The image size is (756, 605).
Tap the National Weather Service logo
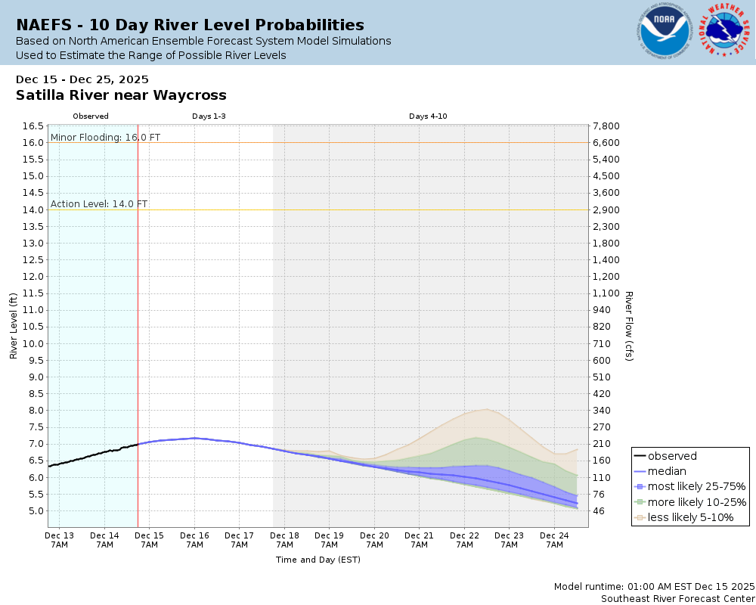pos(724,32)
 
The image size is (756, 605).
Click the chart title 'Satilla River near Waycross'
pos(121,95)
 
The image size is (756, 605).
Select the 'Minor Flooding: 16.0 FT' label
pos(105,138)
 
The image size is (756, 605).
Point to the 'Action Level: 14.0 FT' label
pos(99,204)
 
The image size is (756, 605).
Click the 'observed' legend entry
pos(672,456)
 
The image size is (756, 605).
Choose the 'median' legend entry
pos(667,471)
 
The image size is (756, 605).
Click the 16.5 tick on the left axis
pos(31,126)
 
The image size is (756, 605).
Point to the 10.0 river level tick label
pos(31,343)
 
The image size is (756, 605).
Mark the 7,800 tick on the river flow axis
pos(607,126)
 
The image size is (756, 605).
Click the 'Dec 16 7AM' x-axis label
pos(194,540)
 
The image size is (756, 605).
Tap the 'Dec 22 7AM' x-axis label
pos(464,540)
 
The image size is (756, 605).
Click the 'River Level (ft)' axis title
pos(14,325)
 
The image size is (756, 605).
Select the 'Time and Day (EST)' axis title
pos(318,560)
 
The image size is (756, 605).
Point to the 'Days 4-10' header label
pos(429,116)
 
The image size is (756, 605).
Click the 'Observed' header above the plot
pos(91,116)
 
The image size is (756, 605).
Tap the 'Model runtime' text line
pos(654,587)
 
